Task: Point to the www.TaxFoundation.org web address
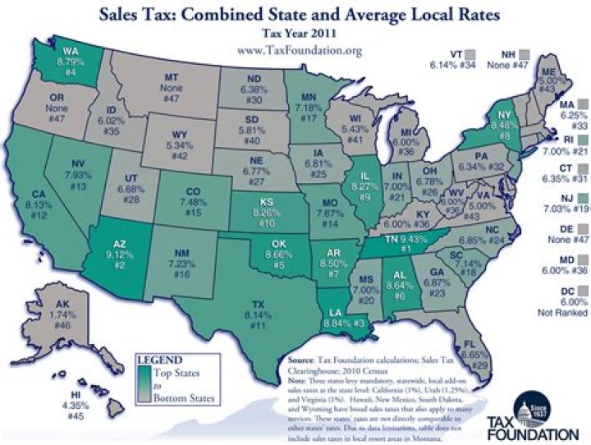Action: click(299, 50)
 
